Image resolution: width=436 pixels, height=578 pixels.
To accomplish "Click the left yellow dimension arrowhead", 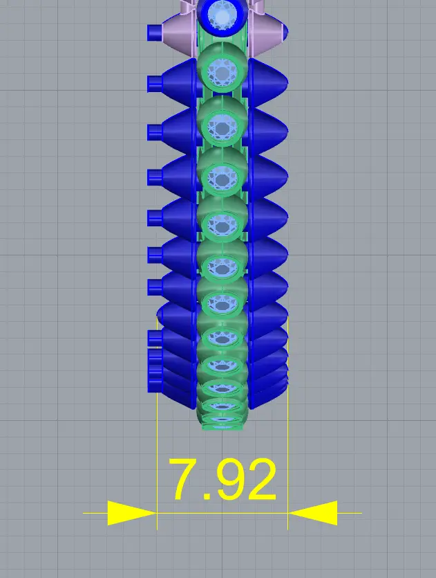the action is click(132, 513).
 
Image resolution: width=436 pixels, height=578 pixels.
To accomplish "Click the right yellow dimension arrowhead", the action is click(313, 513).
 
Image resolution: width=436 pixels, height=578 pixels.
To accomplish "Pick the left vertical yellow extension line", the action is click(157, 424).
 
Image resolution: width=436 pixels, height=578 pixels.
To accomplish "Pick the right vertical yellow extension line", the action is click(287, 424).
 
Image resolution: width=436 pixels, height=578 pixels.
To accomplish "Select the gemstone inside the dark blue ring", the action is click(222, 17).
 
